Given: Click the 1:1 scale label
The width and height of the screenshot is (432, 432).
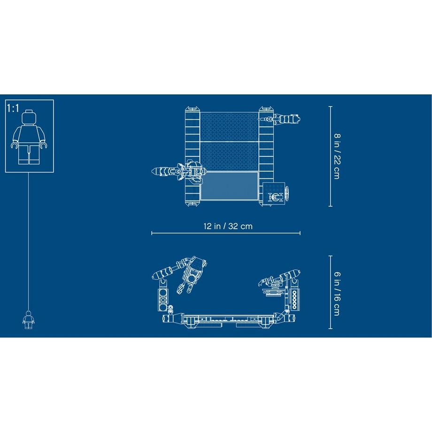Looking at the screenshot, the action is point(13,108).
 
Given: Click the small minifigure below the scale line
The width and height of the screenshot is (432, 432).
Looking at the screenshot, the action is point(28,320).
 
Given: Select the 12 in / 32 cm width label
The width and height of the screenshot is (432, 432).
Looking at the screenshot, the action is point(228,226).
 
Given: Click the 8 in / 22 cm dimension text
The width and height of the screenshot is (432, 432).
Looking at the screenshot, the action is point(337,156).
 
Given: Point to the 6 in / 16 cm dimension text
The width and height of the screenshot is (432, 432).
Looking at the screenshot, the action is point(337,293).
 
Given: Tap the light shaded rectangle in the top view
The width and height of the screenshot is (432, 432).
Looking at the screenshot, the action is point(229,185).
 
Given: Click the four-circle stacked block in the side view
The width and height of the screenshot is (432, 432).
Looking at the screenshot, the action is point(163,299).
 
